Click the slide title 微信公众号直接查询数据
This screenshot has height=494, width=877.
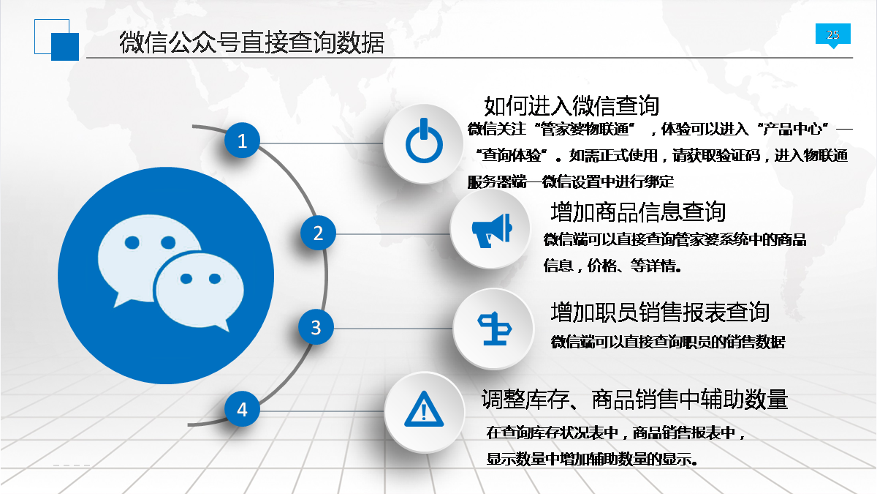tap(251, 42)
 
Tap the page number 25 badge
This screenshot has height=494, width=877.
tap(832, 35)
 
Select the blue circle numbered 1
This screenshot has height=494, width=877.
tap(242, 141)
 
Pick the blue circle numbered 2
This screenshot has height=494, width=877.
tap(318, 233)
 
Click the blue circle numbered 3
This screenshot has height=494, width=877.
tap(316, 327)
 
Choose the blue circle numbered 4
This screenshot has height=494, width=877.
tap(242, 409)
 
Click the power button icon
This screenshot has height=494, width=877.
tap(424, 141)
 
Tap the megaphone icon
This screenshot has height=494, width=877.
tap(492, 231)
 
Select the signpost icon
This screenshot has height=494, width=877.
tap(495, 329)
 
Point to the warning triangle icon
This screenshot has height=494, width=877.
tap(424, 409)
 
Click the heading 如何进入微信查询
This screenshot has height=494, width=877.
tap(572, 106)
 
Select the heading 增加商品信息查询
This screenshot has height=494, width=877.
tap(638, 212)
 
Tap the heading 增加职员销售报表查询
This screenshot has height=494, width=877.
tap(660, 312)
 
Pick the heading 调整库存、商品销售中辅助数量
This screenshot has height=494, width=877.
tap(634, 400)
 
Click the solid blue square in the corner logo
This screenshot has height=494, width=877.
tap(65, 47)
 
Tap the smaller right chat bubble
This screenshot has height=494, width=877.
tap(199, 291)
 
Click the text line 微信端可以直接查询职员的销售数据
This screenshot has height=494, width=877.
tap(668, 343)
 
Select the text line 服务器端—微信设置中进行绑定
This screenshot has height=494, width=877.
tap(571, 182)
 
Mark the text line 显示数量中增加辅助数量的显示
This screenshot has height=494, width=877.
tap(591, 459)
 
